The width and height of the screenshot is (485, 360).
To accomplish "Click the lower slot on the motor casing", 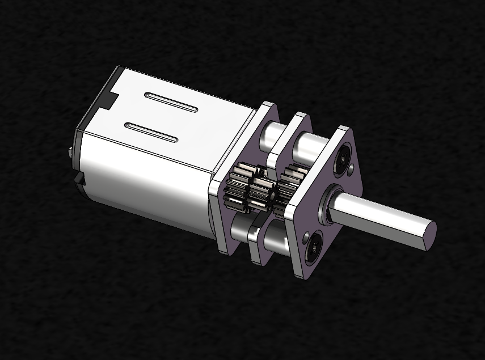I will [x=151, y=132].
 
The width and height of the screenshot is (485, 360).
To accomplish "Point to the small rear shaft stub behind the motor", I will [x=69, y=152].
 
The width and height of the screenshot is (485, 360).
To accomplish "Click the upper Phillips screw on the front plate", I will [x=344, y=155].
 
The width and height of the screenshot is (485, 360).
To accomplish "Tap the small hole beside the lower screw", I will [x=306, y=233].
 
